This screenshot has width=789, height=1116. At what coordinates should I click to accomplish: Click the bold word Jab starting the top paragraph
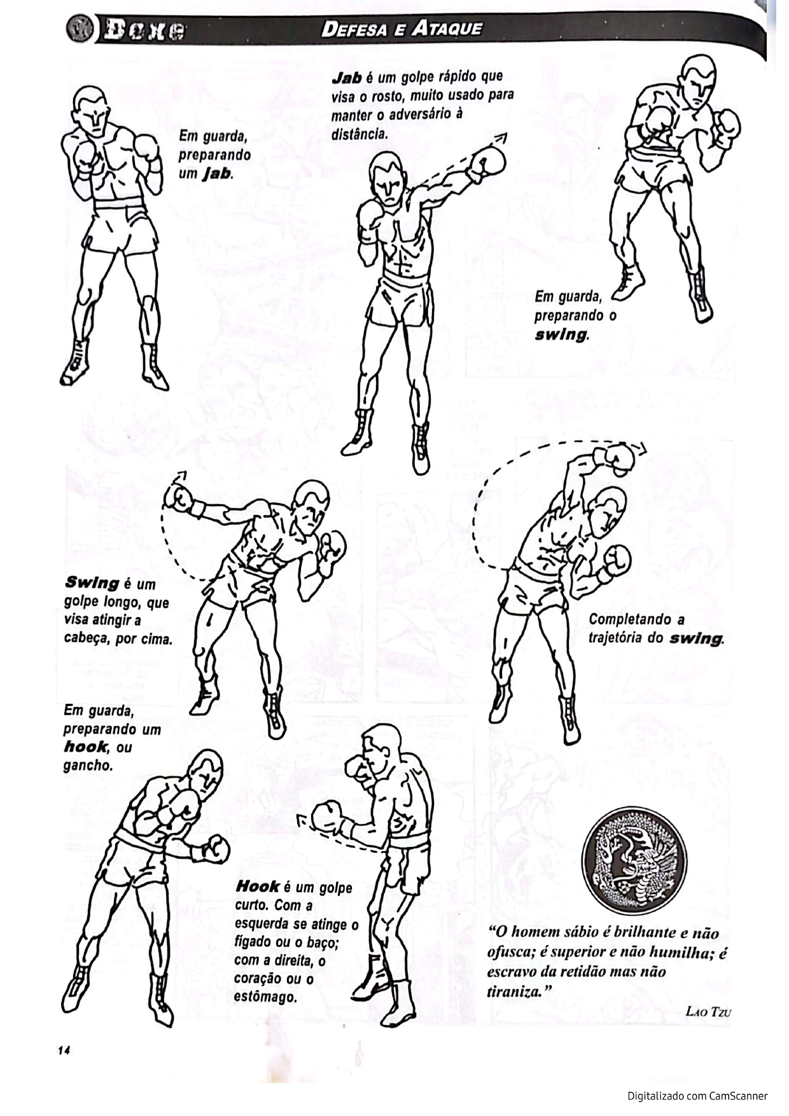click(347, 78)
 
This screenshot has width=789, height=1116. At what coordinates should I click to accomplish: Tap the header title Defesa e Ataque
click(401, 29)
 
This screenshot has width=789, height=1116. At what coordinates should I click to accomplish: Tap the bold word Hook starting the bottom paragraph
click(257, 886)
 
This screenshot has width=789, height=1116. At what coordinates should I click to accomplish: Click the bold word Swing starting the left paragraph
click(92, 583)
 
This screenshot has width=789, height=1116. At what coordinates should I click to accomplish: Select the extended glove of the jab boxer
click(486, 163)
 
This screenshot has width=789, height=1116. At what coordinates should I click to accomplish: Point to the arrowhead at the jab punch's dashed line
click(502, 138)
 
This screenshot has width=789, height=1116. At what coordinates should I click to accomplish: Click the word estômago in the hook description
click(266, 996)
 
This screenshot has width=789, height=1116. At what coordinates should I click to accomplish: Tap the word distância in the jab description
click(359, 134)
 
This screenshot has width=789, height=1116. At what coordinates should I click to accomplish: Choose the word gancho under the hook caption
click(87, 766)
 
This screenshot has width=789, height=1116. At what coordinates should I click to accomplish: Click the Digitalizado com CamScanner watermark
click(697, 1096)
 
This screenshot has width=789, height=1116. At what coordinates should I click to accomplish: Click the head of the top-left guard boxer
click(90, 109)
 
